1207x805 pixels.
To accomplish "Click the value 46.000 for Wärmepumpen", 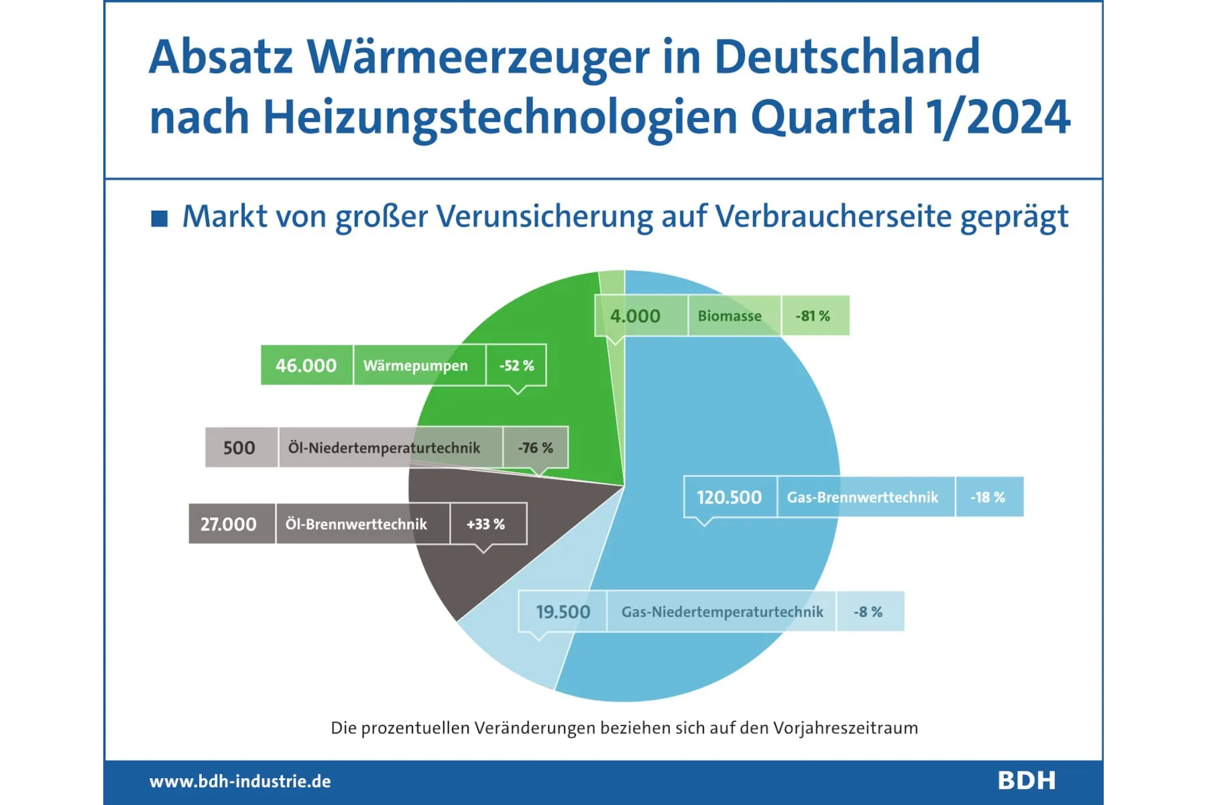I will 306,366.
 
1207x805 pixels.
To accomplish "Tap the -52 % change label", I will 516,366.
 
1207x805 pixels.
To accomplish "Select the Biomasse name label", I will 730,316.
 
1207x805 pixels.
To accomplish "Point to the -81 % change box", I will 813,316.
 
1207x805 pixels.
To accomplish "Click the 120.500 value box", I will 730,497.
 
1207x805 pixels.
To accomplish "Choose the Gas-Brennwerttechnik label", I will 862,497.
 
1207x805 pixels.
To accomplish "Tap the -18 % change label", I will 988,497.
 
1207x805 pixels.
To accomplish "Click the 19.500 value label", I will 563,612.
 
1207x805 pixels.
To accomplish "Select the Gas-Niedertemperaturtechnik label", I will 722,612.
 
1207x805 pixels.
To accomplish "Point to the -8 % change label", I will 868,612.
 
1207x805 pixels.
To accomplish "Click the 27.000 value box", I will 229,524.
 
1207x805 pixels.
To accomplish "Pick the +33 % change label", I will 486,524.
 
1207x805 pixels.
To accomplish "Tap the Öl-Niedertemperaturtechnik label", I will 384,448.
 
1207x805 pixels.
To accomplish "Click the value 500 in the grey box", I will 239,448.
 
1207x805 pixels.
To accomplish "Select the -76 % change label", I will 535,448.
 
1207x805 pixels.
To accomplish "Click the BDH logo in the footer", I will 1027,781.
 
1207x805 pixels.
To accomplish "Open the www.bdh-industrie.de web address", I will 240,782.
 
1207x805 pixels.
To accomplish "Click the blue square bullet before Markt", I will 160,219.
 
